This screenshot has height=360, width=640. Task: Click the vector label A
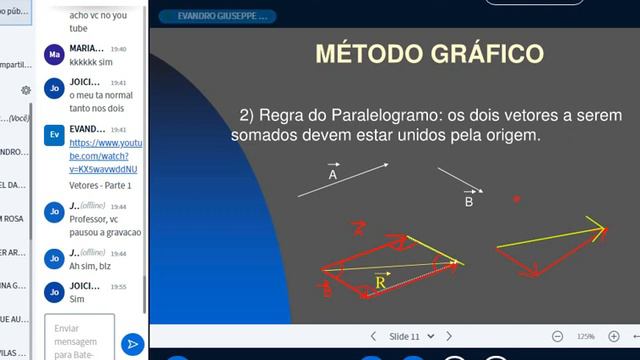pyautogui.click(x=332, y=174)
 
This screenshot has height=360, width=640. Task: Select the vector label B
pyautogui.click(x=468, y=201)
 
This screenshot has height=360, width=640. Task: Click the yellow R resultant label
pyautogui.click(x=381, y=284)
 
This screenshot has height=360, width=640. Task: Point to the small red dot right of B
pyautogui.click(x=517, y=199)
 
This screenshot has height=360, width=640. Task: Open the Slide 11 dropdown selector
pyautogui.click(x=409, y=336)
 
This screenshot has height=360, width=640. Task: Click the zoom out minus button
pyautogui.click(x=557, y=336)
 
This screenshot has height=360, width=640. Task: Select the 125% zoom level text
pyautogui.click(x=585, y=336)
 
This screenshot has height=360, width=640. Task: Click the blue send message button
pyautogui.click(x=132, y=344)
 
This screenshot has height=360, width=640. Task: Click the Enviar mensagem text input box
pyautogui.click(x=79, y=338)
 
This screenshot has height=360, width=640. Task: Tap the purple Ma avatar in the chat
pyautogui.click(x=54, y=54)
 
